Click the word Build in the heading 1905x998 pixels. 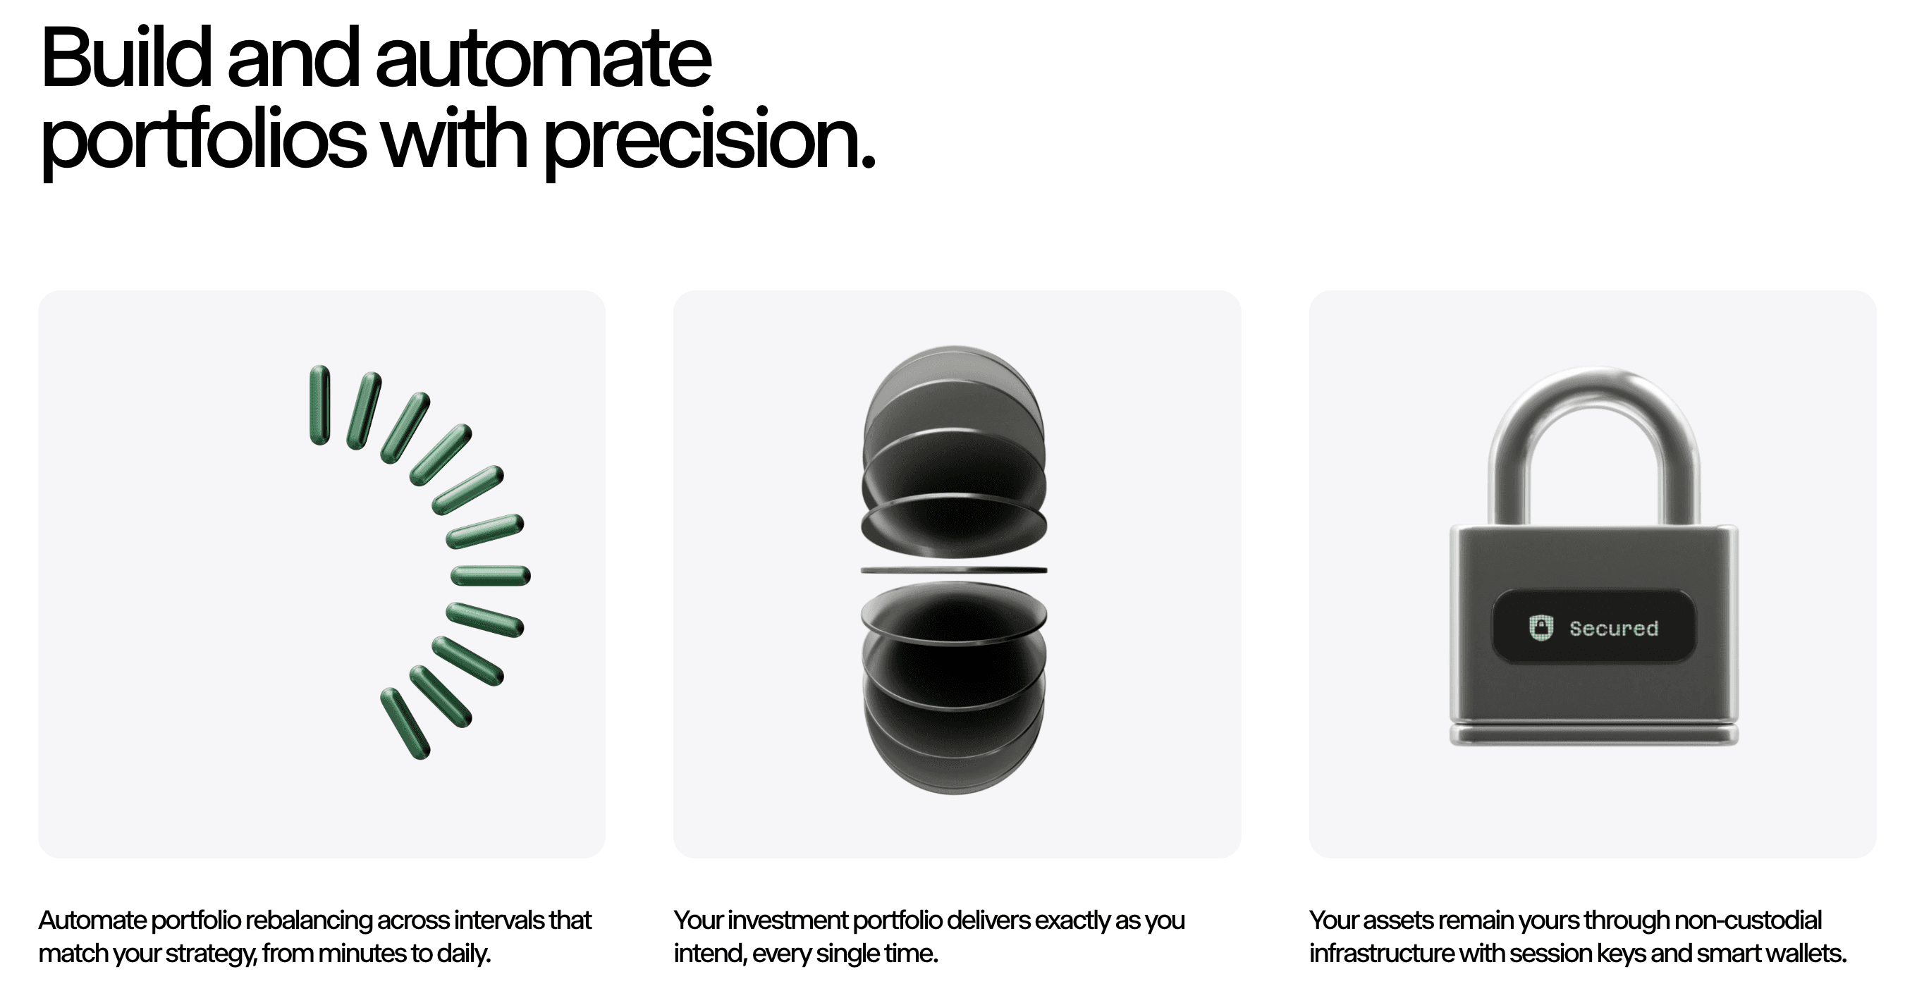coord(126,58)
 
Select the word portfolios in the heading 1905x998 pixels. coord(203,140)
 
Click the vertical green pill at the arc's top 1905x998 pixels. coord(319,405)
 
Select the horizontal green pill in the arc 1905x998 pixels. coord(490,575)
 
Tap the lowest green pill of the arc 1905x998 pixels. coord(405,724)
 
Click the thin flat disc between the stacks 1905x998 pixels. coord(954,570)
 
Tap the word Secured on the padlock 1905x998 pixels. coord(1614,629)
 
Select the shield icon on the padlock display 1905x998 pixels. coord(1541,628)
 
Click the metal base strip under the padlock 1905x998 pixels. coord(1593,734)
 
